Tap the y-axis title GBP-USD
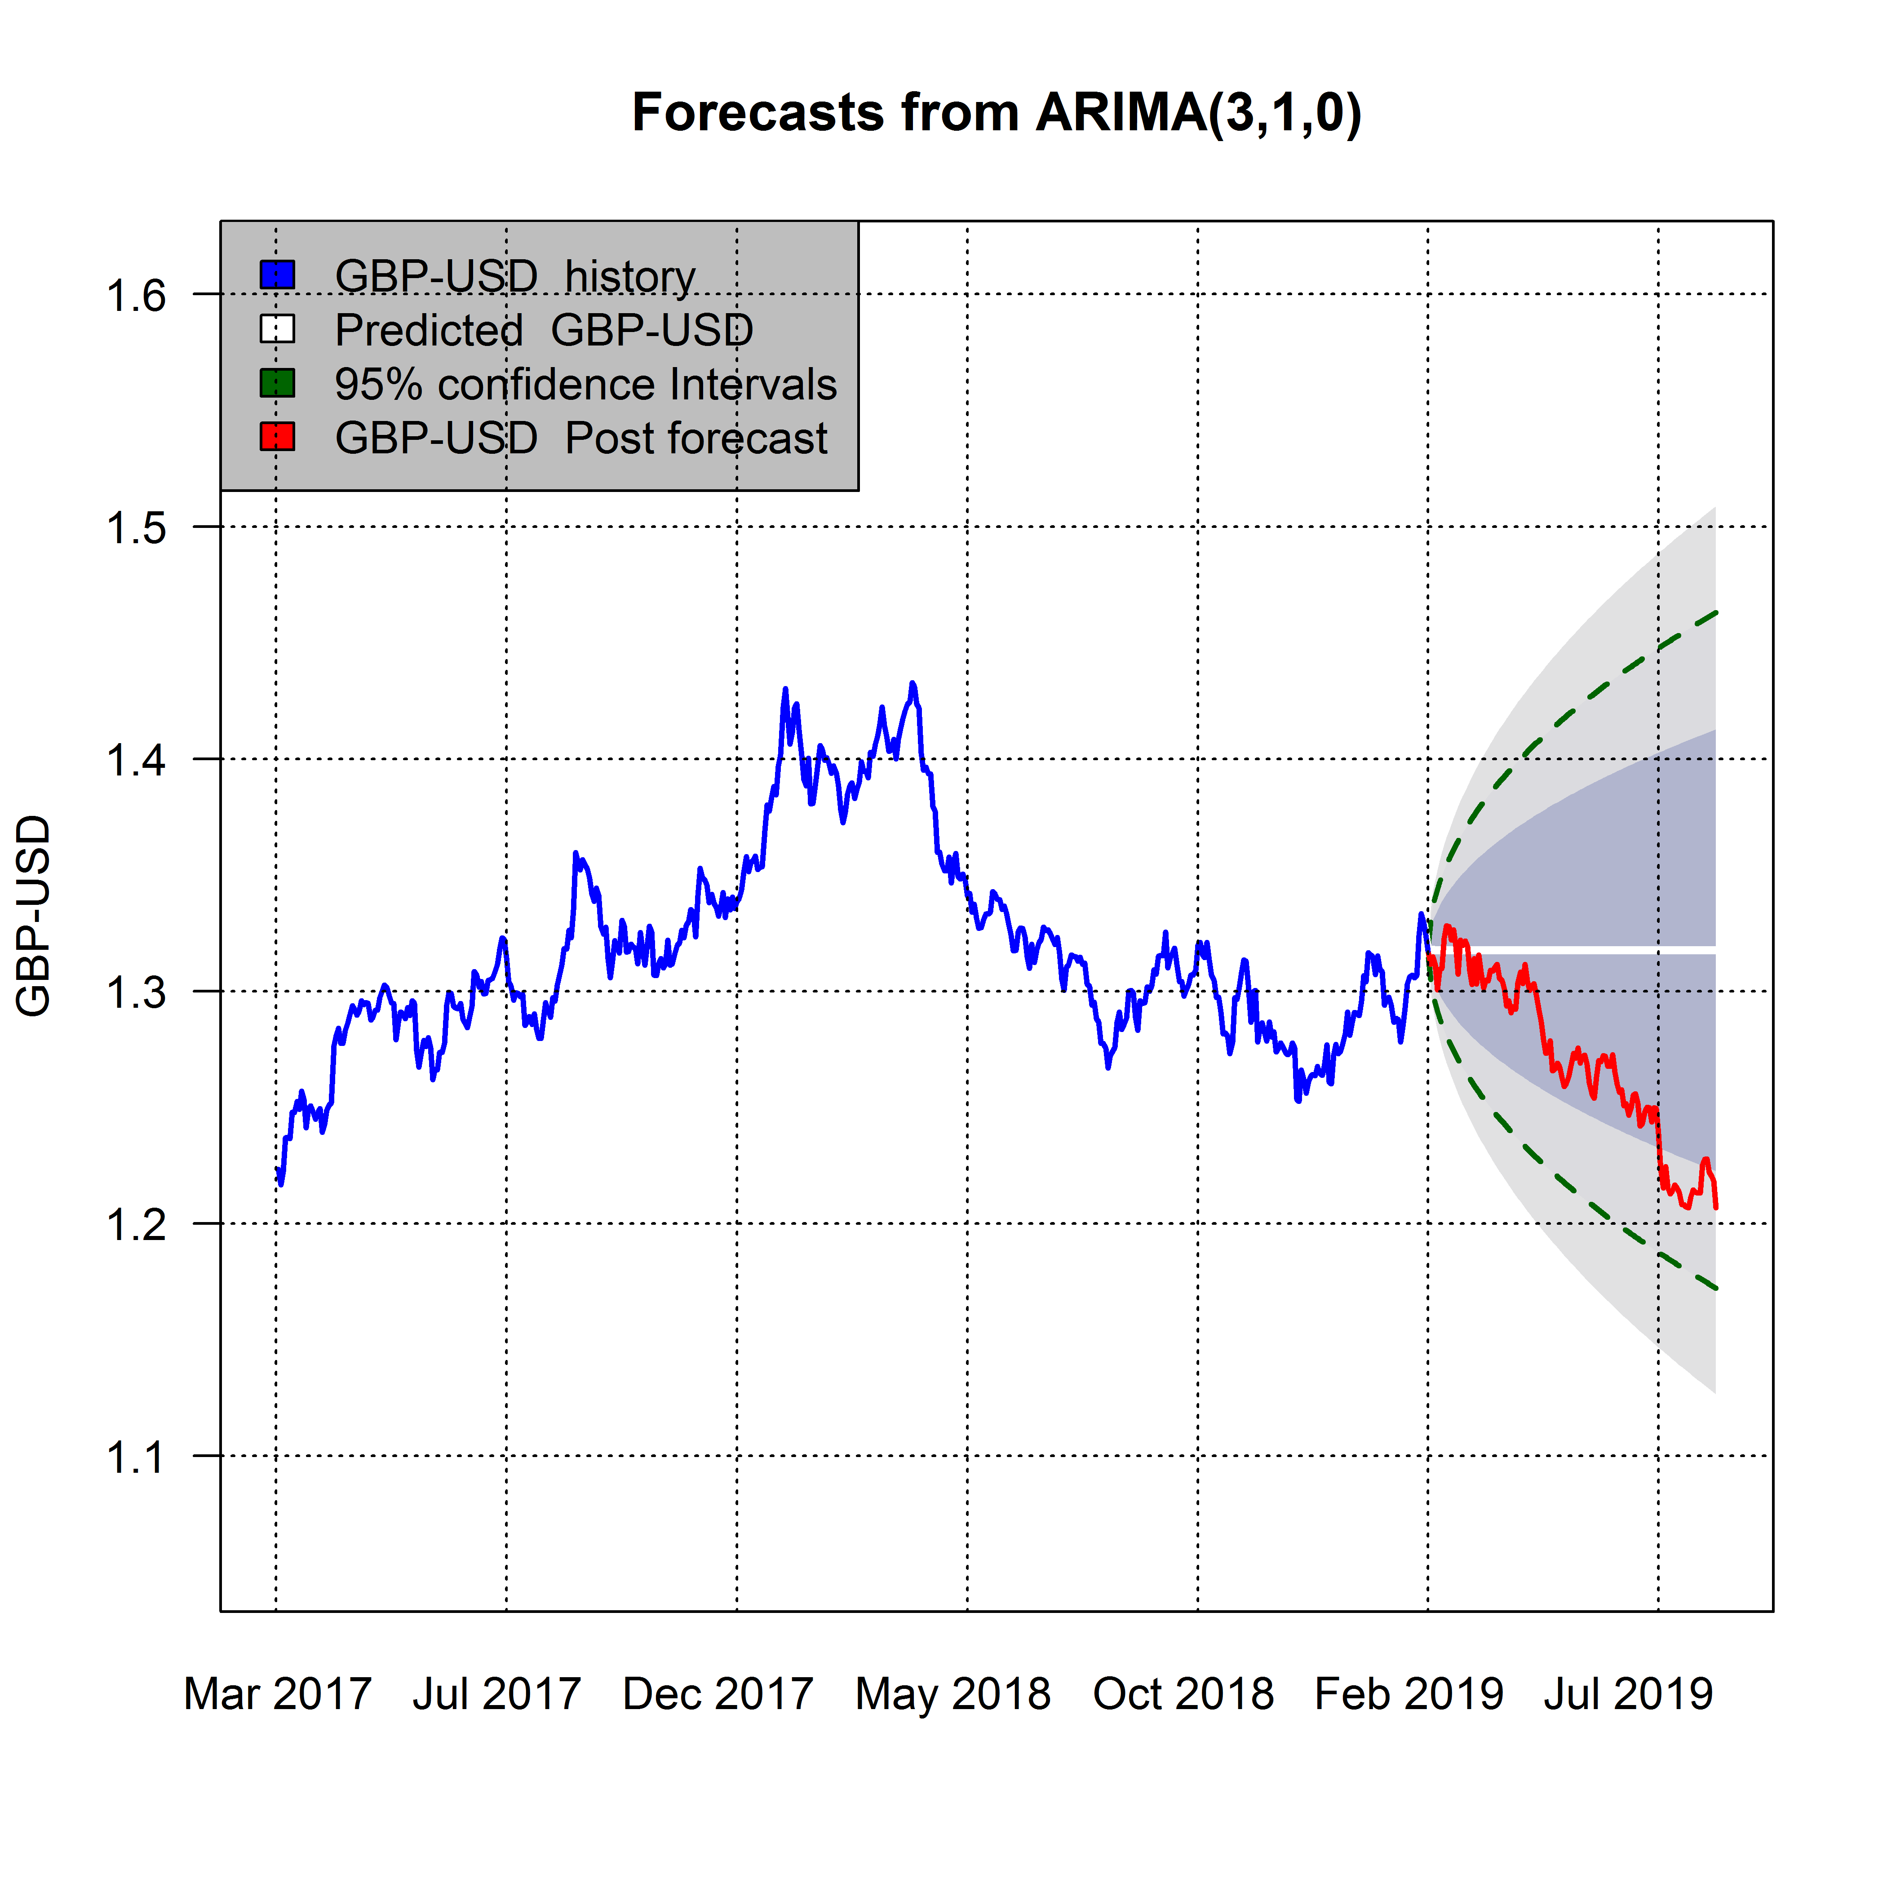[34, 916]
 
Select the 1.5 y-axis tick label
[137, 528]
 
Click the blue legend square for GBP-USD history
[277, 275]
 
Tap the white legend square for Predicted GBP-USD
[277, 329]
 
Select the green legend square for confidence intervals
[277, 383]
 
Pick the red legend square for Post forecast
[277, 437]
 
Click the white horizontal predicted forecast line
[1602, 949]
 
